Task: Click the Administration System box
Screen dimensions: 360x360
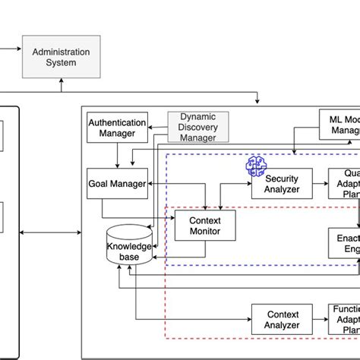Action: pyautogui.click(x=60, y=57)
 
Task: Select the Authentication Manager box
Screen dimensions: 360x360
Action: pyautogui.click(x=117, y=128)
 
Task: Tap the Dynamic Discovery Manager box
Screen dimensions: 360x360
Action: pyautogui.click(x=197, y=126)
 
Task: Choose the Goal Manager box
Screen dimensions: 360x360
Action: pyautogui.click(x=117, y=184)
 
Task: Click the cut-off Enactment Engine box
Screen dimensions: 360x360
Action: pyautogui.click(x=343, y=226)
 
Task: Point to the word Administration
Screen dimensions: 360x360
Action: pyautogui.click(x=60, y=52)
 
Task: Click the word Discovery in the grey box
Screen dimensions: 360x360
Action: pyautogui.click(x=197, y=126)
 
